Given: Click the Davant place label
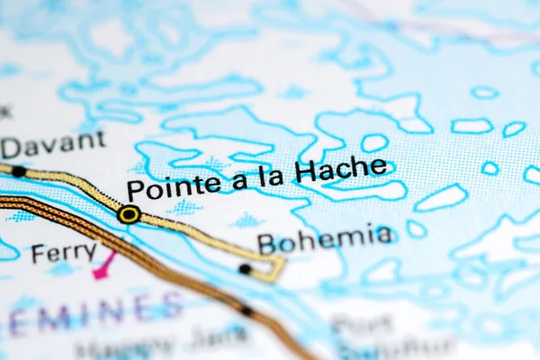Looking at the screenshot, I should (53, 143).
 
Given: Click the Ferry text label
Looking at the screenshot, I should (63, 253).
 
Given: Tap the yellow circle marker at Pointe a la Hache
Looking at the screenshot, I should (129, 214).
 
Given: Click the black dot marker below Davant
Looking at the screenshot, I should (18, 171).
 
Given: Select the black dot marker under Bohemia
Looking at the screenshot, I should (245, 268).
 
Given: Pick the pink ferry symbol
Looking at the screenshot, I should (104, 265).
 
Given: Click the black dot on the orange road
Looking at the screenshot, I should (247, 311).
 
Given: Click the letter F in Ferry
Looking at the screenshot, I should (37, 254).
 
